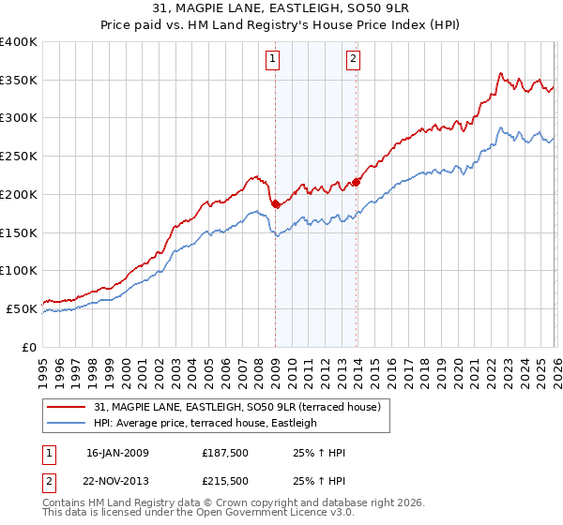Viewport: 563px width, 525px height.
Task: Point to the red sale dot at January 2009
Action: click(x=275, y=203)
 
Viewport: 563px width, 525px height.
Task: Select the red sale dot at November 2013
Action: click(x=357, y=182)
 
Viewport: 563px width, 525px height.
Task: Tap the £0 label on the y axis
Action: click(x=28, y=347)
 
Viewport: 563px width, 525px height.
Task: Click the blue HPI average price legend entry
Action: click(x=205, y=423)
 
